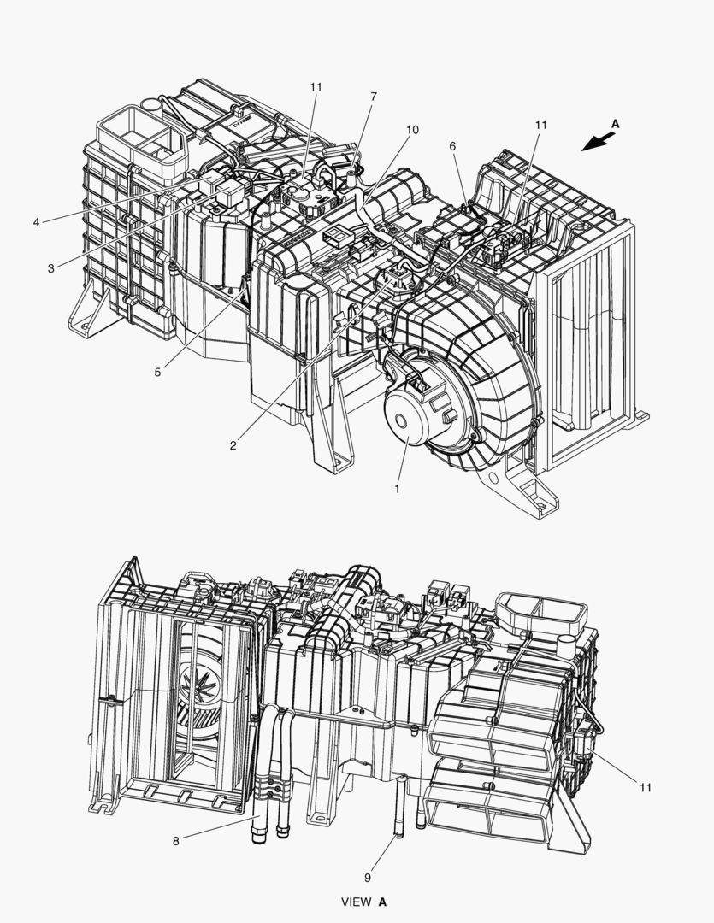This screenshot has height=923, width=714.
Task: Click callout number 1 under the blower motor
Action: pos(397,489)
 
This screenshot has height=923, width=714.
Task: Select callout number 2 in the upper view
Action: pos(233,445)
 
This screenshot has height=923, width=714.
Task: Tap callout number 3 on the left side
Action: pos(51,268)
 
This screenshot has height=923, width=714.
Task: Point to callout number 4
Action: pos(37,222)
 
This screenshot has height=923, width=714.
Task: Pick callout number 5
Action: pos(157,372)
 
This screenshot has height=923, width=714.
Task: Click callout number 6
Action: pos(452,146)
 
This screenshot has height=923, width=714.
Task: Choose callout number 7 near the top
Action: pos(374,97)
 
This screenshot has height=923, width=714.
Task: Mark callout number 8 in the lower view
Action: pos(175,841)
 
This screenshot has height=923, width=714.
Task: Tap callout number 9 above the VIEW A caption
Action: pos(368,878)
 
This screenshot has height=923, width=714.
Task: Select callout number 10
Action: pos(412,130)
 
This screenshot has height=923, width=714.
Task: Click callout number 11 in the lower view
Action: pos(646,788)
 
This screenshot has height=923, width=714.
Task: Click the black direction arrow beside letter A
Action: pos(598,142)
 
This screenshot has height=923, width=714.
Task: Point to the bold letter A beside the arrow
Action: pos(615,124)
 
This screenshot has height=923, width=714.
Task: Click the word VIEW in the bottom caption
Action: pos(357,902)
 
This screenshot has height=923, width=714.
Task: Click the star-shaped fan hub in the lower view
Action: pos(200,682)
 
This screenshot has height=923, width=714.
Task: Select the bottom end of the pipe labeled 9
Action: pos(398,834)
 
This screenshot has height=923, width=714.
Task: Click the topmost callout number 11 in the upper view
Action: pos(316,87)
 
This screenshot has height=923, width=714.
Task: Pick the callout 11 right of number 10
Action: pos(540,125)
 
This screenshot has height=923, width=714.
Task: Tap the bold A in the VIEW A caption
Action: pos(382,902)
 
